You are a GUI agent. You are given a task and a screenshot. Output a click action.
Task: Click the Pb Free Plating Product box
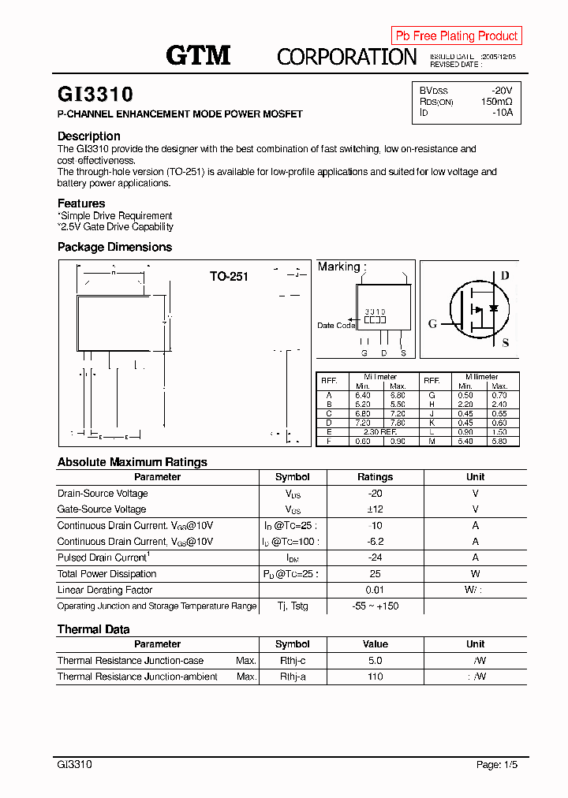[456, 35]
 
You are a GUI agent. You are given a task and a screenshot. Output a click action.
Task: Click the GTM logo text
[198, 55]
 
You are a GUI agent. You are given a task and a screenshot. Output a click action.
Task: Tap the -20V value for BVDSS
[502, 91]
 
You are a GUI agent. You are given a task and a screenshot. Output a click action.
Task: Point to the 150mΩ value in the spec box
[496, 102]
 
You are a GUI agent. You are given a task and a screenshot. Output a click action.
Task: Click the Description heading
[89, 136]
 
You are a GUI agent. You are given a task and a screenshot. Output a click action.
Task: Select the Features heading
[81, 203]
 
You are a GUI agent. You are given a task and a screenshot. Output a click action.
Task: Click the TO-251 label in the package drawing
[229, 277]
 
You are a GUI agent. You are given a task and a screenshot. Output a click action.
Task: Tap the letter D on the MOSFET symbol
[505, 275]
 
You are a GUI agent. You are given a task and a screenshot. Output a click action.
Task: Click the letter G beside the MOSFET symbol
[432, 324]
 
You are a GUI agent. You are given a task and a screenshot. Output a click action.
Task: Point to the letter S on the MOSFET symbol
[506, 343]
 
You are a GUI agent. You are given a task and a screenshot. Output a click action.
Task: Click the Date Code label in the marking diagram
[336, 326]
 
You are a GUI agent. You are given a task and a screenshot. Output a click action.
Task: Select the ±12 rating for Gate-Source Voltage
[375, 509]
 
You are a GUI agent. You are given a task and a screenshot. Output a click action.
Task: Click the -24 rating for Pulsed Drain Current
[375, 557]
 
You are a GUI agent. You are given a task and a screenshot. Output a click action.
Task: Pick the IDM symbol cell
[292, 557]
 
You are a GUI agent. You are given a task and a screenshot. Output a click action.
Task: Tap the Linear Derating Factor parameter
[105, 590]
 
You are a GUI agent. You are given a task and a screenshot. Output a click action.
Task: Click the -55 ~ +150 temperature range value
[375, 606]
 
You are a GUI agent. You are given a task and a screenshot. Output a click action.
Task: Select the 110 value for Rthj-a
[375, 677]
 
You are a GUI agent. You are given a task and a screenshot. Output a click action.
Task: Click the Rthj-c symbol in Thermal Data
[292, 661]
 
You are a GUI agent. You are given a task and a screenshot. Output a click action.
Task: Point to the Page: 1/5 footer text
[497, 765]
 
